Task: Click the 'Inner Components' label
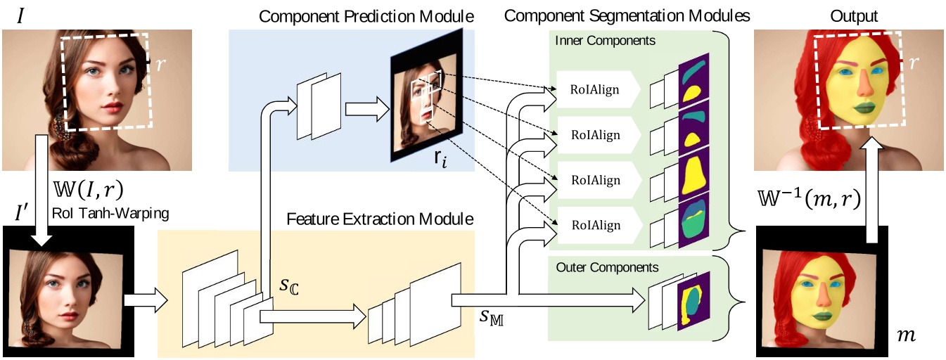(606, 41)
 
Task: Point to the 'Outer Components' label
(607, 267)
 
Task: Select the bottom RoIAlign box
(595, 225)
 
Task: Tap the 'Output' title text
(848, 15)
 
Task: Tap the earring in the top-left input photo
(58, 127)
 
